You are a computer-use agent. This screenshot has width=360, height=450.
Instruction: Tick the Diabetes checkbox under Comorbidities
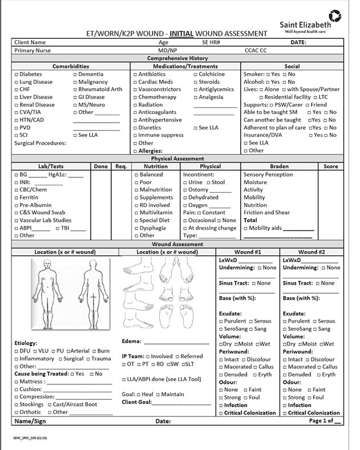[16, 75]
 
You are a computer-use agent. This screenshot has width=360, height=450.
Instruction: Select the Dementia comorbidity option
[75, 75]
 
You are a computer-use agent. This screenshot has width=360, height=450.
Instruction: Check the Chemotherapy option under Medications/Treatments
[136, 98]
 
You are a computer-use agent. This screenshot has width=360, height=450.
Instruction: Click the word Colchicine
[212, 74]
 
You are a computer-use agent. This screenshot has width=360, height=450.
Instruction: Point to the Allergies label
[153, 151]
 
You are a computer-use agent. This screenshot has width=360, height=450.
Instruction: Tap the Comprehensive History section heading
[177, 58]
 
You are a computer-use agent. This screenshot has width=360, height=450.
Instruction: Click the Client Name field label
[30, 42]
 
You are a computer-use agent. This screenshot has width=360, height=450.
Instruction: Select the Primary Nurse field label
[32, 51]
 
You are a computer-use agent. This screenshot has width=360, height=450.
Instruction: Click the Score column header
[330, 167]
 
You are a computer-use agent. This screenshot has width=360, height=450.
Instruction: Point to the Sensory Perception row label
[268, 175]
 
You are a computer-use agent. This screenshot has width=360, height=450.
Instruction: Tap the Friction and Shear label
[266, 213]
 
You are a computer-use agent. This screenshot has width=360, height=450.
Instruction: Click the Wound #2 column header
[311, 252]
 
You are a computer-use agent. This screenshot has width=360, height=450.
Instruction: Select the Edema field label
[132, 342]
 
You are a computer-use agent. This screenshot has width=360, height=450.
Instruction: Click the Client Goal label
[137, 402]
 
